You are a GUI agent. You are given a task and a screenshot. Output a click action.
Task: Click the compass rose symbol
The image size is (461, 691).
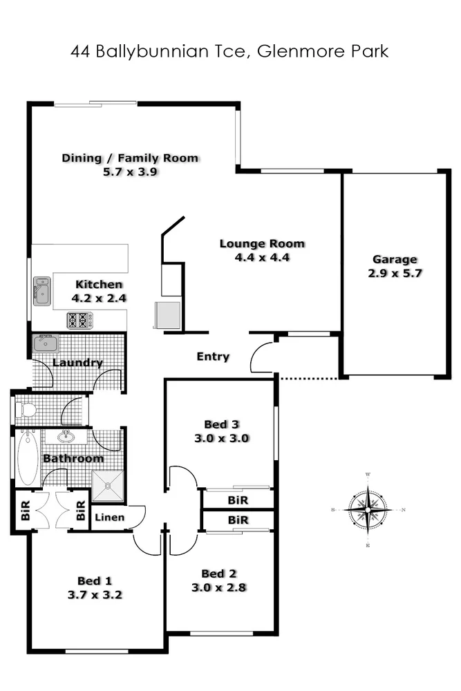pyautogui.click(x=368, y=511)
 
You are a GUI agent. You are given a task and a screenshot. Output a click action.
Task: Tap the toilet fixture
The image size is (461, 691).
pyautogui.click(x=27, y=410)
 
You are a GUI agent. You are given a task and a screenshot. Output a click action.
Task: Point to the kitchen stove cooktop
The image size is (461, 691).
pyautogui.click(x=79, y=321)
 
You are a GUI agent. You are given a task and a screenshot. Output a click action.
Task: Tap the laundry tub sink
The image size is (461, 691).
pyautogui.click(x=46, y=343)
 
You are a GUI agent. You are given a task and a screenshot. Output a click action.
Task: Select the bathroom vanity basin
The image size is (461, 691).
pyautogui.click(x=68, y=437)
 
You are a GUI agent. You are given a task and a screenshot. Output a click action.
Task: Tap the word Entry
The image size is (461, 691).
pyautogui.click(x=213, y=357)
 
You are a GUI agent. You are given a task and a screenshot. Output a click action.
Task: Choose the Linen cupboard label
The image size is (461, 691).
pyautogui.click(x=110, y=517)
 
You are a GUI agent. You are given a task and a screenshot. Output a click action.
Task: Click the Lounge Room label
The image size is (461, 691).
pyautogui.click(x=262, y=243)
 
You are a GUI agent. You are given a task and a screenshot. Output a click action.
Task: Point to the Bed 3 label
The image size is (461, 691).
pyautogui.click(x=221, y=424)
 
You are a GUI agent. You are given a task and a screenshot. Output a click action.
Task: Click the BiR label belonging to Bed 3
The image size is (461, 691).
pyautogui.click(x=238, y=499)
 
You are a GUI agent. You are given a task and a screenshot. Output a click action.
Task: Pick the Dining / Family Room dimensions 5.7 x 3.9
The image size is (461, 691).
pyautogui.click(x=131, y=171)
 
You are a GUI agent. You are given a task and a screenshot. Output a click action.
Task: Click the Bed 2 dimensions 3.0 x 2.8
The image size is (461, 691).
pyautogui.click(x=219, y=588)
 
